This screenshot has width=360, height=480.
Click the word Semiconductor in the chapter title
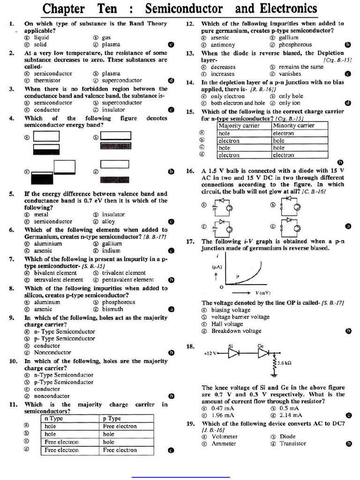[184, 8]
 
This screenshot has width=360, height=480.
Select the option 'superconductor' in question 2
[122, 81]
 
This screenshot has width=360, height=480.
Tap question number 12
[190, 23]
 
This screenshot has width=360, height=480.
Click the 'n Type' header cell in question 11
[53, 419]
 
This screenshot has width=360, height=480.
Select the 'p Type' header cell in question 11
[112, 419]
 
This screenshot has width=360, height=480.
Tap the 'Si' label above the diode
[231, 346]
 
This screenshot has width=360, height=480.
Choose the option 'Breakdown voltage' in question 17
[236, 331]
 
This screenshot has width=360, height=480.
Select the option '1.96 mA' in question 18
[223, 415]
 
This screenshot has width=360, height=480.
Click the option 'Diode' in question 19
[287, 436]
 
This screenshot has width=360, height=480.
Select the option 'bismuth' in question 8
[112, 309]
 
